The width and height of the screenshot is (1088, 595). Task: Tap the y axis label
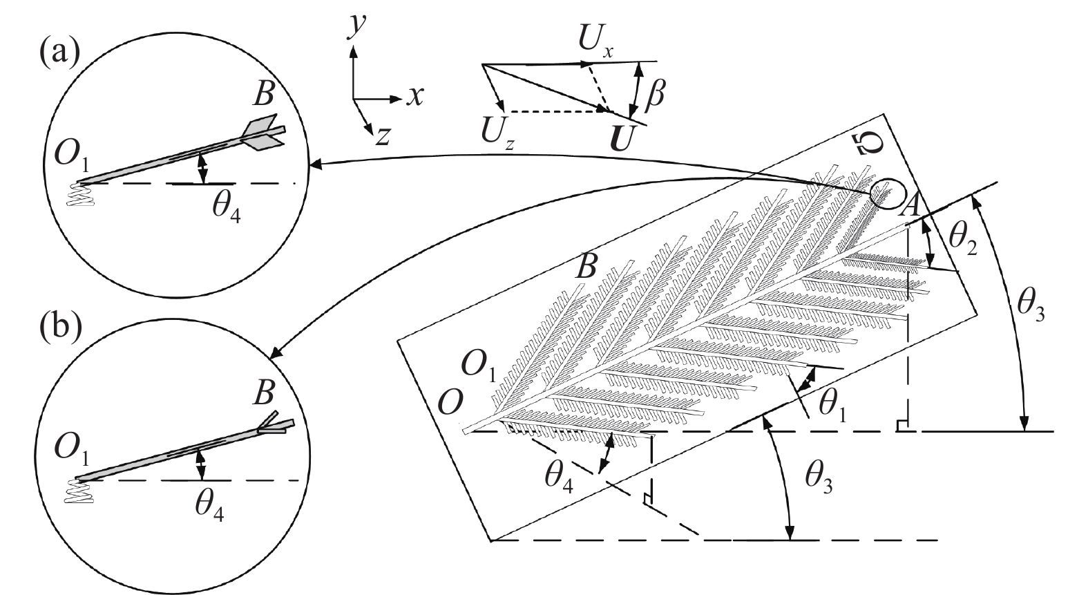point(358,28)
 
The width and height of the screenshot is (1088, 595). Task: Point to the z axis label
point(383,137)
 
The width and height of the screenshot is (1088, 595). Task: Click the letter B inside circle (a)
point(264,94)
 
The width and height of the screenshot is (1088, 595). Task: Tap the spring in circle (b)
point(80,491)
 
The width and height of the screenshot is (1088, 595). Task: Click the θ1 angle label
point(832,406)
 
